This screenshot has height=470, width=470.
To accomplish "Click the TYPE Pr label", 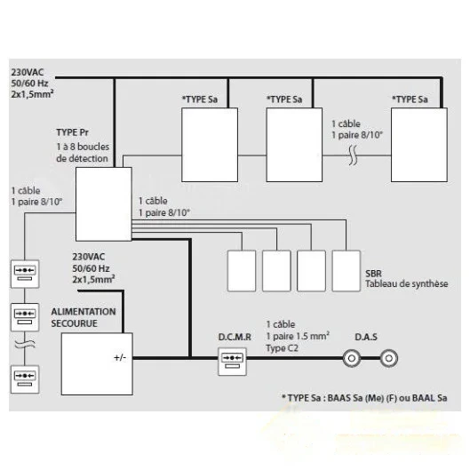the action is pyautogui.click(x=72, y=132).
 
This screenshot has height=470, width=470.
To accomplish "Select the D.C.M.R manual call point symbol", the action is pyautogui.click(x=232, y=362).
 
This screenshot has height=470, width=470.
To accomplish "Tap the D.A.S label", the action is pyautogui.click(x=366, y=337).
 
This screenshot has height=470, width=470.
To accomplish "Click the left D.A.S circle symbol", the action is pyautogui.click(x=352, y=358).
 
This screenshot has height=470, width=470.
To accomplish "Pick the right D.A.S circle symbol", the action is pyautogui.click(x=389, y=358).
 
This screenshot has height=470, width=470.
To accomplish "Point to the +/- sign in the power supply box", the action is pyautogui.click(x=120, y=357).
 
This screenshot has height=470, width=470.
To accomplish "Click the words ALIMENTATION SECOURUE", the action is pyautogui.click(x=84, y=317).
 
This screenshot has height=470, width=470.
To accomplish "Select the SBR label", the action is pyautogui.click(x=373, y=274).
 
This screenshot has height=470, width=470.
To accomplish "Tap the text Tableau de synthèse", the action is pyautogui.click(x=407, y=283).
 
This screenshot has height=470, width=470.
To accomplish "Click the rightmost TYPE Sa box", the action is pyautogui.click(x=419, y=145).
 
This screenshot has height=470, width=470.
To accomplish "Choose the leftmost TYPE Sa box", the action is pyautogui.click(x=210, y=145).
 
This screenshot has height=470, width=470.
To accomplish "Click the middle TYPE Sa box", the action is pyautogui.click(x=294, y=145).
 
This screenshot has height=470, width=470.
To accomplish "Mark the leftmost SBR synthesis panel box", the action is pyautogui.click(x=242, y=271).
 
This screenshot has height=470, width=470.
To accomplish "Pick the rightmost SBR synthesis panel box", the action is pyautogui.click(x=347, y=271).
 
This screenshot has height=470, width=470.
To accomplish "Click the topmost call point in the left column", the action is pyautogui.click(x=25, y=274).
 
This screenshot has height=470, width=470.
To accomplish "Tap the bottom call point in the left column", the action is pyautogui.click(x=25, y=379).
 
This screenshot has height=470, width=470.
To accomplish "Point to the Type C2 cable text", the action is pyautogui.click(x=282, y=348).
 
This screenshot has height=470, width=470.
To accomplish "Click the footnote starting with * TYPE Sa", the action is pyautogui.click(x=364, y=398).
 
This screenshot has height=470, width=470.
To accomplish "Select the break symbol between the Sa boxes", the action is pyautogui.click(x=354, y=155).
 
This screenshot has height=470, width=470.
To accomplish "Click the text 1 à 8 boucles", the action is pyautogui.click(x=83, y=147).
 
